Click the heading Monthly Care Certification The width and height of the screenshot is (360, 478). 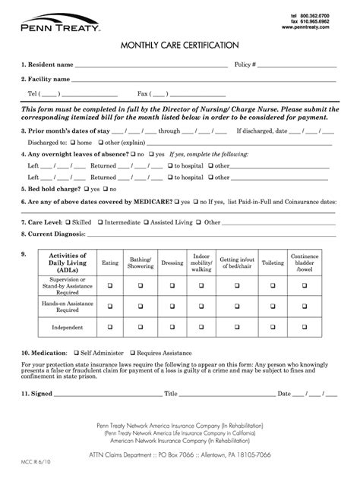pos(179,46)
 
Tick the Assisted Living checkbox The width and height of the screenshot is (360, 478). pos(148,223)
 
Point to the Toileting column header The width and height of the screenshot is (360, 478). pos(273,263)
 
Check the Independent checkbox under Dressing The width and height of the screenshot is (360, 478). pos(172,328)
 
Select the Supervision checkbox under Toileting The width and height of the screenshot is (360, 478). pos(273,285)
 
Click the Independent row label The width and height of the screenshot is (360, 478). pos(67,328)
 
